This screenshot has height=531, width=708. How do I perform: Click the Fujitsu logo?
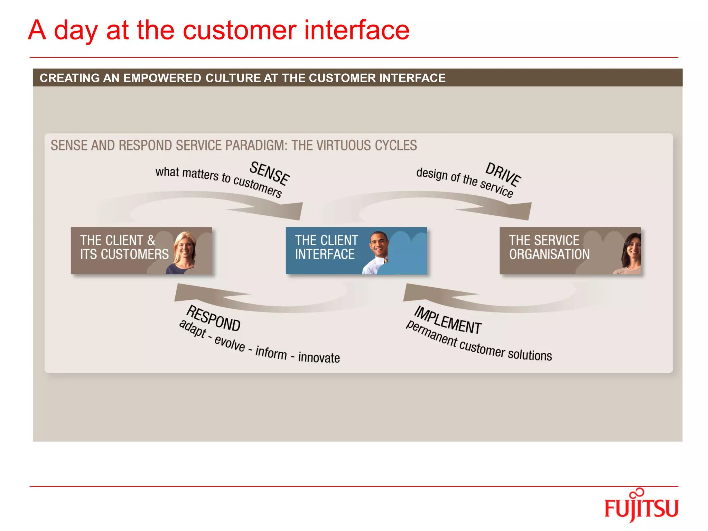coord(641,507)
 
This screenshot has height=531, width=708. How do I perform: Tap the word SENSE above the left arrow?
coord(269,173)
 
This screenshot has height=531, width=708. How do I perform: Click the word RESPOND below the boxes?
coord(213,318)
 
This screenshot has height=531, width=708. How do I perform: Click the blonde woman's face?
coord(185,247)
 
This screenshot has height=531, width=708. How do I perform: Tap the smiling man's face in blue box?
coord(379,244)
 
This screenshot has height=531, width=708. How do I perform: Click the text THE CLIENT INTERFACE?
coord(326,247)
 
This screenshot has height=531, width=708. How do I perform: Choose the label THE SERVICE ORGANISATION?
coord(549,247)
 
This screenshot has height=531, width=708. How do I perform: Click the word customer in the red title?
coord(239,30)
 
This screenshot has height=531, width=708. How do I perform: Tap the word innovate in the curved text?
coord(319,357)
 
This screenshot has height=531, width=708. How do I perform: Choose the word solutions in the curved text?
coord(530,355)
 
